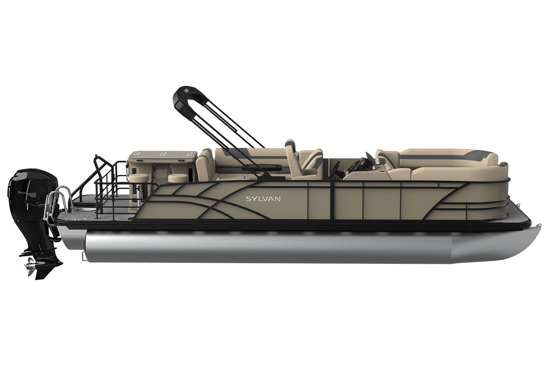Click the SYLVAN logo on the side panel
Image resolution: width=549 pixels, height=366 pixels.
tap(263, 199)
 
